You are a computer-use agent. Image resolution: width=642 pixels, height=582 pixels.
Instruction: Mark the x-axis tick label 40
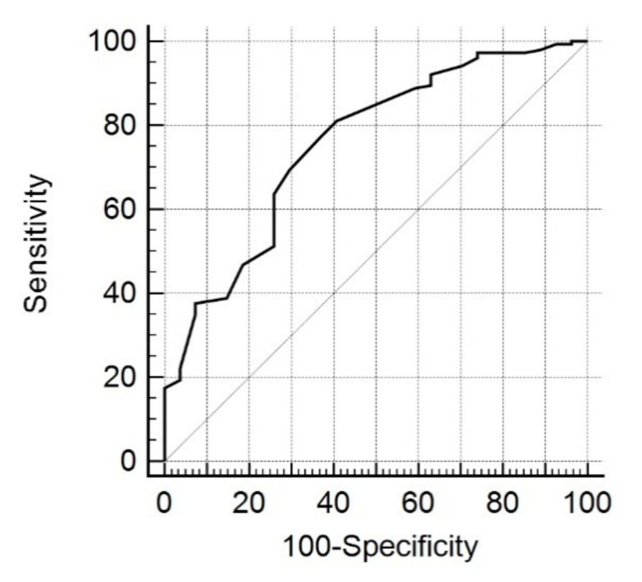click(x=334, y=503)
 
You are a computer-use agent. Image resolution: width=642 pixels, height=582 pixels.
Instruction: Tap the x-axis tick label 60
click(x=418, y=503)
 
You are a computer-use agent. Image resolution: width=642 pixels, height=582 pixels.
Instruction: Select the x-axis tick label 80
click(x=503, y=503)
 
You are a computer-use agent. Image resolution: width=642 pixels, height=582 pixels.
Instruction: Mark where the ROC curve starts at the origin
click(x=164, y=461)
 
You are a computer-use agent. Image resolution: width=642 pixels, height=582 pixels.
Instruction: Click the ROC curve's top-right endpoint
click(x=587, y=41)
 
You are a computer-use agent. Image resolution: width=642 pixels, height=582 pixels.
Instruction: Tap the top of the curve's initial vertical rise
click(x=164, y=388)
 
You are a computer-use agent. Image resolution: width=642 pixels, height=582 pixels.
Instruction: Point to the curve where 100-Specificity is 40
click(x=334, y=122)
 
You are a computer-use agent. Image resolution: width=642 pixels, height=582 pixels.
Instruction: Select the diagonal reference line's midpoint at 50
click(x=376, y=251)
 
